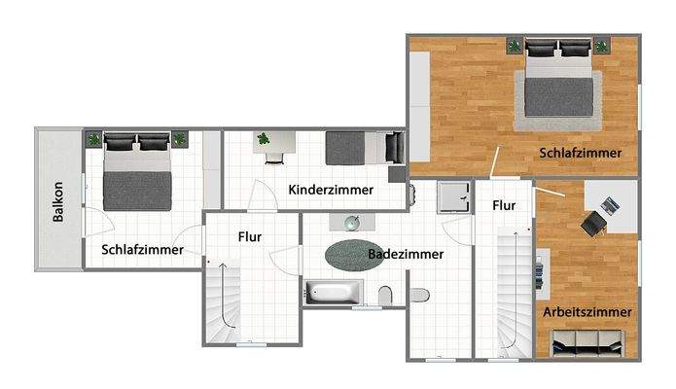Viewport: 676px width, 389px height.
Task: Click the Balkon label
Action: tap(58, 202)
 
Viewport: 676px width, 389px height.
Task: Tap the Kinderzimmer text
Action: tap(331, 189)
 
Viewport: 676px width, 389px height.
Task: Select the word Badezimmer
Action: tap(406, 254)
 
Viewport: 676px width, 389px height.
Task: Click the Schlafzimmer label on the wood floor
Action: tap(581, 153)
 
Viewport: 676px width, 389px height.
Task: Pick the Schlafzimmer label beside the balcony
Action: tap(143, 250)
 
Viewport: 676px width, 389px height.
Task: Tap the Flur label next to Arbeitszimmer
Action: tap(503, 206)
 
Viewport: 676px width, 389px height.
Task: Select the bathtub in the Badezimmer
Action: tap(333, 292)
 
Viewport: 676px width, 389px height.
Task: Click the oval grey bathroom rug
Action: tap(355, 255)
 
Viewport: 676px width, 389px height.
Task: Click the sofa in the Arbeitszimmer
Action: tap(586, 341)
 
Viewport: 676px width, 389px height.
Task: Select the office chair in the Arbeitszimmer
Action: tap(591, 224)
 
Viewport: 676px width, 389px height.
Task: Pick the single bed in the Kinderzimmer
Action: tap(362, 148)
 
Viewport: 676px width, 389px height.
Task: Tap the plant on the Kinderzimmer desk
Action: tap(263, 139)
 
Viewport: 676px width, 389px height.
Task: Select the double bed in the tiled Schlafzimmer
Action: tap(137, 173)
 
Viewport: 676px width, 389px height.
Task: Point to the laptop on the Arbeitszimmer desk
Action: tap(609, 205)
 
